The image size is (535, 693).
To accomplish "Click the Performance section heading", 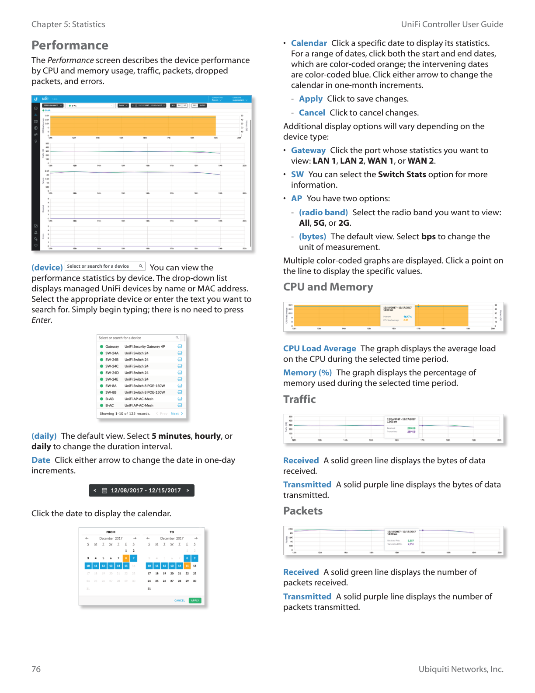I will pyautogui.click(x=70, y=45).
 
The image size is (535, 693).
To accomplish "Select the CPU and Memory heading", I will pyautogui.click(x=328, y=287).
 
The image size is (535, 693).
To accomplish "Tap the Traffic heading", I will pyautogui.click(x=299, y=399).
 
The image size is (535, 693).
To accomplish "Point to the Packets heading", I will pyautogui.click(x=303, y=511).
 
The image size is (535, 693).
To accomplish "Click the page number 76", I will pyautogui.click(x=36, y=669).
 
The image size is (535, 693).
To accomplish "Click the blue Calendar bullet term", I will pyautogui.click(x=309, y=43).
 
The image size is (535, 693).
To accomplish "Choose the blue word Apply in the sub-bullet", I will pyautogui.click(x=310, y=99).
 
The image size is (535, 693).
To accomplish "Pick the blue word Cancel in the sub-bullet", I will pyautogui.click(x=312, y=113).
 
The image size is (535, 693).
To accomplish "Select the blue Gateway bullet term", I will pyautogui.click(x=308, y=150).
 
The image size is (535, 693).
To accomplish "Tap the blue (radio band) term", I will pyautogui.click(x=323, y=213).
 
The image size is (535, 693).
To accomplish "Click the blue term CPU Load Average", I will pyautogui.click(x=320, y=349).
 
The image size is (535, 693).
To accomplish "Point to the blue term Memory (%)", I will pyautogui.click(x=307, y=373).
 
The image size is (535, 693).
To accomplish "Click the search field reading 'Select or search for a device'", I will pyautogui.click(x=105, y=266).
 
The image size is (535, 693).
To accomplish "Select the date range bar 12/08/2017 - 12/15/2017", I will pyautogui.click(x=142, y=490).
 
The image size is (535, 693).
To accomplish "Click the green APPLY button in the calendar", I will pyautogui.click(x=195, y=600).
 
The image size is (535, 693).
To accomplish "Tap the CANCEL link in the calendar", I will pyautogui.click(x=180, y=600).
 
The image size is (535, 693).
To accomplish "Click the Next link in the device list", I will pyautogui.click(x=175, y=413).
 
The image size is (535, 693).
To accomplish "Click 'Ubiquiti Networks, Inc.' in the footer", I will pyautogui.click(x=461, y=669).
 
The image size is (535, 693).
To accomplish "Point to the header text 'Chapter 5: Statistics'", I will pyautogui.click(x=68, y=24).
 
